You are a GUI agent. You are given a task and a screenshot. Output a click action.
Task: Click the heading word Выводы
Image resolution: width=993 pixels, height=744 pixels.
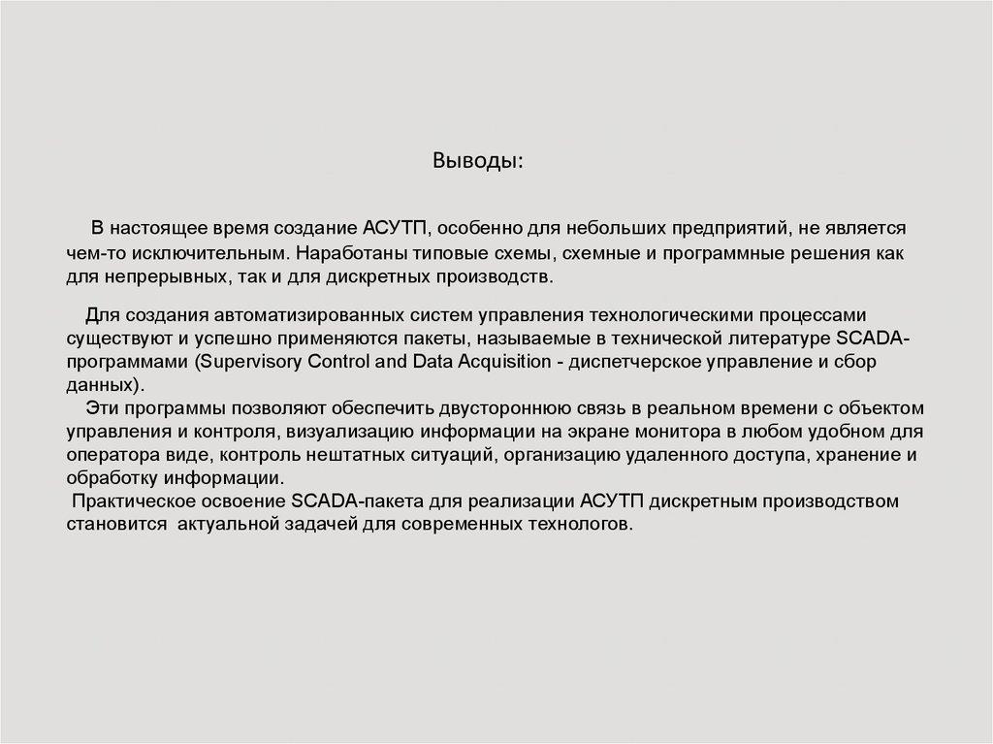(x=476, y=159)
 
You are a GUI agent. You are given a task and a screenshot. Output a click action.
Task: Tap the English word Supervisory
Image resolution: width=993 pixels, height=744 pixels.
(x=249, y=361)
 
